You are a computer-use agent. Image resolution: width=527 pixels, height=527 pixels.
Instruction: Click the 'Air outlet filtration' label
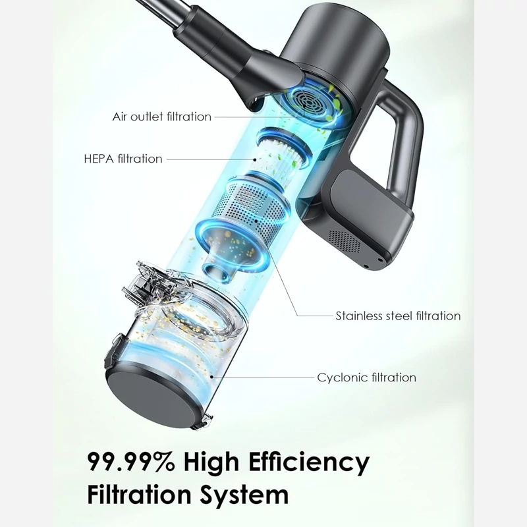161,117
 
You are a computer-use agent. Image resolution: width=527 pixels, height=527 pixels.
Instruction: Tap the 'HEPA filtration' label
123,159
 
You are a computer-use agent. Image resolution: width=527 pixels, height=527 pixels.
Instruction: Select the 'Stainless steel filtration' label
398,316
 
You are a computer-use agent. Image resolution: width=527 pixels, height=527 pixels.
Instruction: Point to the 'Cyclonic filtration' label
366,377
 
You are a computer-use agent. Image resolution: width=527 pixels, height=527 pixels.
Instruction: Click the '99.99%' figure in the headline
131,462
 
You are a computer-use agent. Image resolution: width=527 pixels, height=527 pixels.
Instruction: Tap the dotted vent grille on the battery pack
345,241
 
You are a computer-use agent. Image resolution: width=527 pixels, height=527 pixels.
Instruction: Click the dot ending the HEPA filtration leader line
255,160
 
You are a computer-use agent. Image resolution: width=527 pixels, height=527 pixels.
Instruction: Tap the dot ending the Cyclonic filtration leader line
211,376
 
